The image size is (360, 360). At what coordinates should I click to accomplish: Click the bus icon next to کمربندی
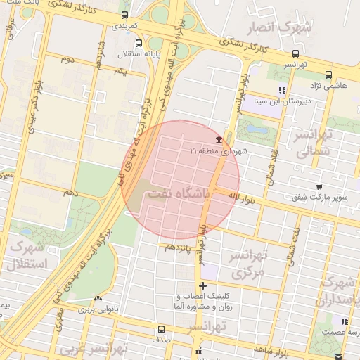point(125,15)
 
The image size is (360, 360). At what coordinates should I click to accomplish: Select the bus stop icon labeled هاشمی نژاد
point(329,74)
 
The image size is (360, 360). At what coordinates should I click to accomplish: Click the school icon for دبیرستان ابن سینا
point(282,90)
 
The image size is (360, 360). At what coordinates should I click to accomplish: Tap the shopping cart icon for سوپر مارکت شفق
point(320,187)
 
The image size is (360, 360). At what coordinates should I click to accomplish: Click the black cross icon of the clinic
point(203,285)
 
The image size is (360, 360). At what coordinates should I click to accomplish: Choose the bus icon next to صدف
point(161,329)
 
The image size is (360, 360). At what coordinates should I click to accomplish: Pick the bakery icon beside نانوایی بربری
point(98,299)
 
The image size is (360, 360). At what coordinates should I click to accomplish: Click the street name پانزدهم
point(179,247)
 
